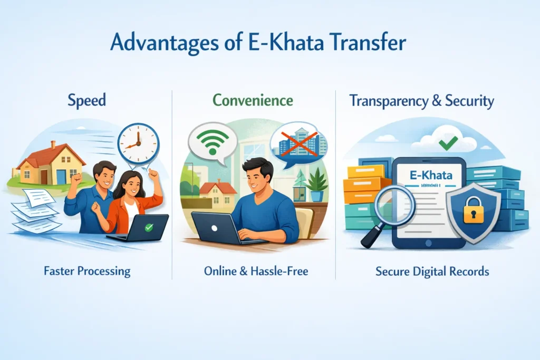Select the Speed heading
click(x=86, y=101)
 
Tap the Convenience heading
click(x=254, y=100)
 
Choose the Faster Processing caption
click(x=88, y=271)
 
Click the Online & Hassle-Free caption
click(x=256, y=271)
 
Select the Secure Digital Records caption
click(x=432, y=272)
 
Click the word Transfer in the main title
click(x=368, y=43)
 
